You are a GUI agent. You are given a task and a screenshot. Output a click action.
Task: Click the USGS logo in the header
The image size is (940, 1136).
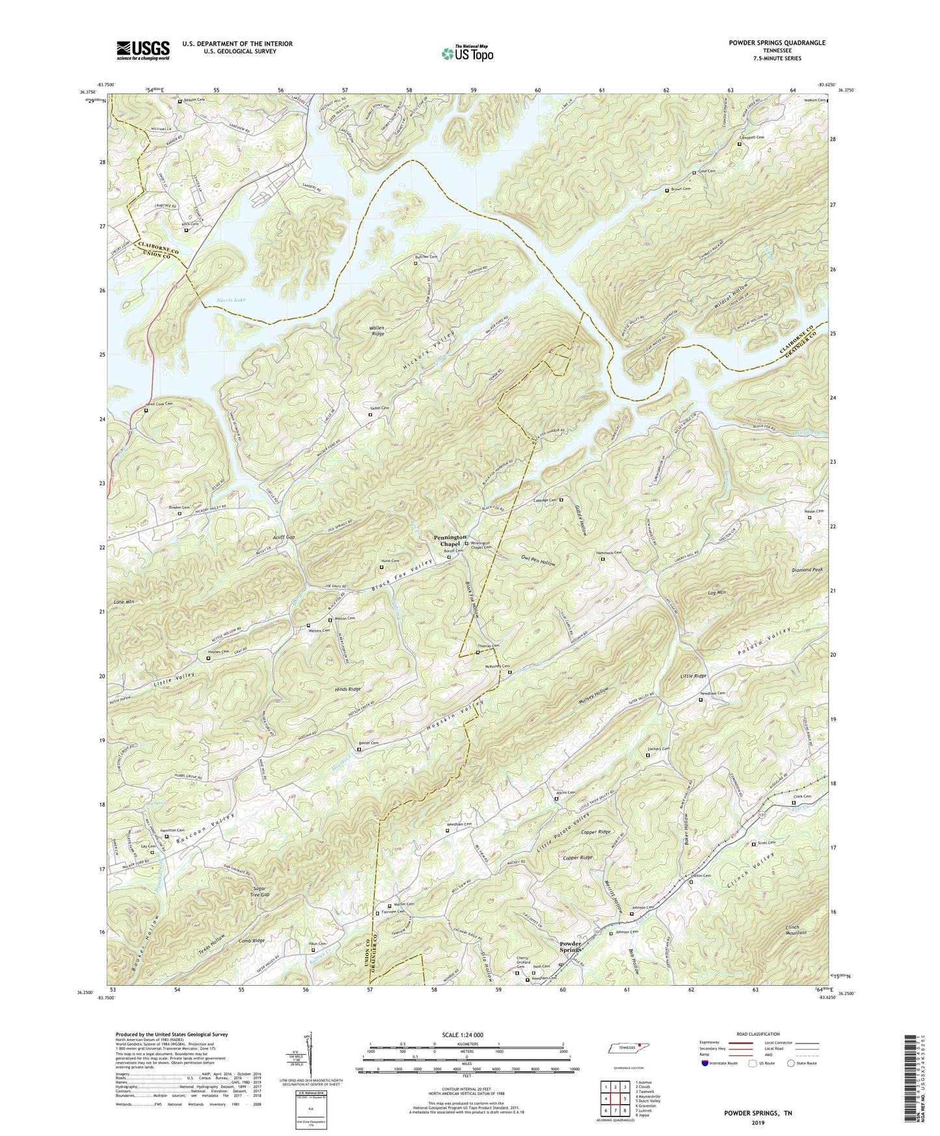point(143,50)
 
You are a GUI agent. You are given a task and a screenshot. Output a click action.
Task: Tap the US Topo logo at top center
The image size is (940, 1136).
point(466,53)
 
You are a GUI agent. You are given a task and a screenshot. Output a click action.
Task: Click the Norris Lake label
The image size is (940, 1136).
point(230,301)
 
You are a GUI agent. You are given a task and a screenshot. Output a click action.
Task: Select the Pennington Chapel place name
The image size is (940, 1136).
point(448,541)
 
